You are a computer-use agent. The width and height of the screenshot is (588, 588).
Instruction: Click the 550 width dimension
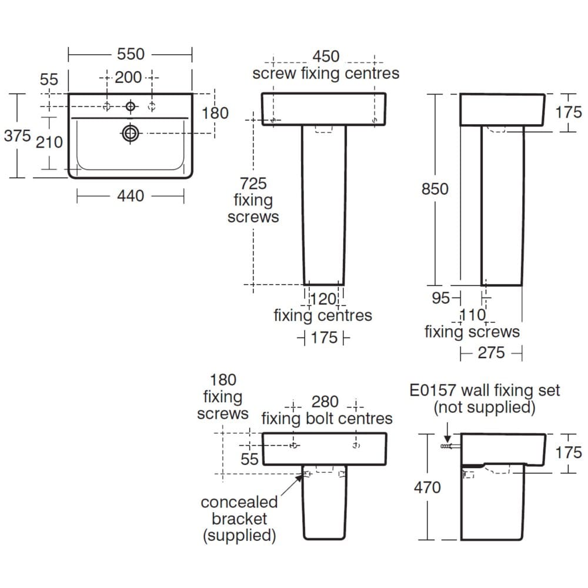131,54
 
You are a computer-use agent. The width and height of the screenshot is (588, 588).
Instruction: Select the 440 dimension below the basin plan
130,196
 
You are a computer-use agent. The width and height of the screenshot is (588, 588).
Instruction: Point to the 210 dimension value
49,142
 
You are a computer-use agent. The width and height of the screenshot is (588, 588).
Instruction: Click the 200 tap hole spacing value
128,77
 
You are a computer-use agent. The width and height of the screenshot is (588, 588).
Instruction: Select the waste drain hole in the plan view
130,133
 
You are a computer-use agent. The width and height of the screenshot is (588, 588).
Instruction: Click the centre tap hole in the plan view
130,106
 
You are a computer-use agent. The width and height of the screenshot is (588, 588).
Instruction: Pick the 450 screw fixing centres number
326,56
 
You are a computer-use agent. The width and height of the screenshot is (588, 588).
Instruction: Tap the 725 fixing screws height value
253,183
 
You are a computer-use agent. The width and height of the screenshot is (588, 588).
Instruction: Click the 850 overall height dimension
435,189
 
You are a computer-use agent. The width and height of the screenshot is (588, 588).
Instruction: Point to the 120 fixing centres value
323,299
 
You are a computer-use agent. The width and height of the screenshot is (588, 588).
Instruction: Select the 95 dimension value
441,298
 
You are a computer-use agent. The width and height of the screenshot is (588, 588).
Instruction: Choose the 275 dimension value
491,352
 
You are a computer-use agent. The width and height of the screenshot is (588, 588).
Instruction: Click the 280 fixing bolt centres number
325,402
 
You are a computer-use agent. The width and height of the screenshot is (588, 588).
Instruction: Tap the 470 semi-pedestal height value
427,487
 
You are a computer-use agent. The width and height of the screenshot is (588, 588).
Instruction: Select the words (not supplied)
484,407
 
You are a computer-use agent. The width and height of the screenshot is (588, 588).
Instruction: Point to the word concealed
239,503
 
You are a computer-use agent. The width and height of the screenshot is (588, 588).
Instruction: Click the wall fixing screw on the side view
447,447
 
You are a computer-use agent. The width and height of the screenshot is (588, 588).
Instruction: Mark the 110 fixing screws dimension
473,316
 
